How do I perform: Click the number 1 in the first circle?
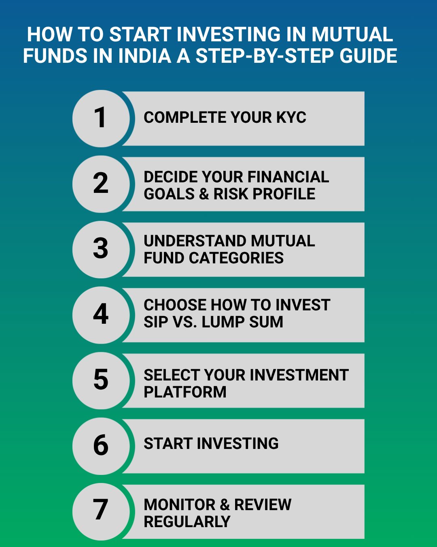point(100,117)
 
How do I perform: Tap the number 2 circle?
point(101,184)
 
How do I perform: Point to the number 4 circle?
point(101,315)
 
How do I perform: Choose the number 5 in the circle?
point(101,379)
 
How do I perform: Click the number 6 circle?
point(101,446)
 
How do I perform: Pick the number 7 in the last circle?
point(101,509)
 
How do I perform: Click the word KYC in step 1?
point(291,118)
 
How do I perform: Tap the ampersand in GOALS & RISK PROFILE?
point(204,194)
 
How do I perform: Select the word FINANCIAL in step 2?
point(288,177)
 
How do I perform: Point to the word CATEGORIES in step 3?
point(236,258)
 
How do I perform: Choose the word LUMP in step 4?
point(223,322)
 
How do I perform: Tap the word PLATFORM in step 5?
point(185,392)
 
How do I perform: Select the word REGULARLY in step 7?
point(187,522)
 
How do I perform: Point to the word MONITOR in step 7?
point(180,504)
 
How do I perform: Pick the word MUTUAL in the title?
point(352,34)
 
